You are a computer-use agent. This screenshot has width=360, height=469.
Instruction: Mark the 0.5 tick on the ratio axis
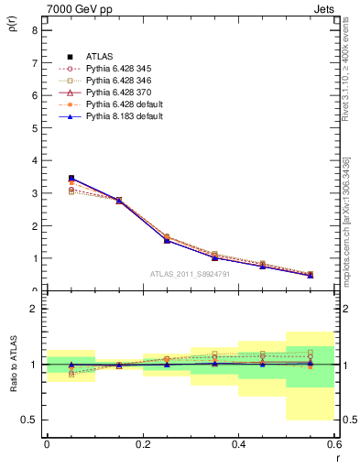(28, 420)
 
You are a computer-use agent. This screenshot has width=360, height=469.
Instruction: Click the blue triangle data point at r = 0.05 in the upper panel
(71, 179)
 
